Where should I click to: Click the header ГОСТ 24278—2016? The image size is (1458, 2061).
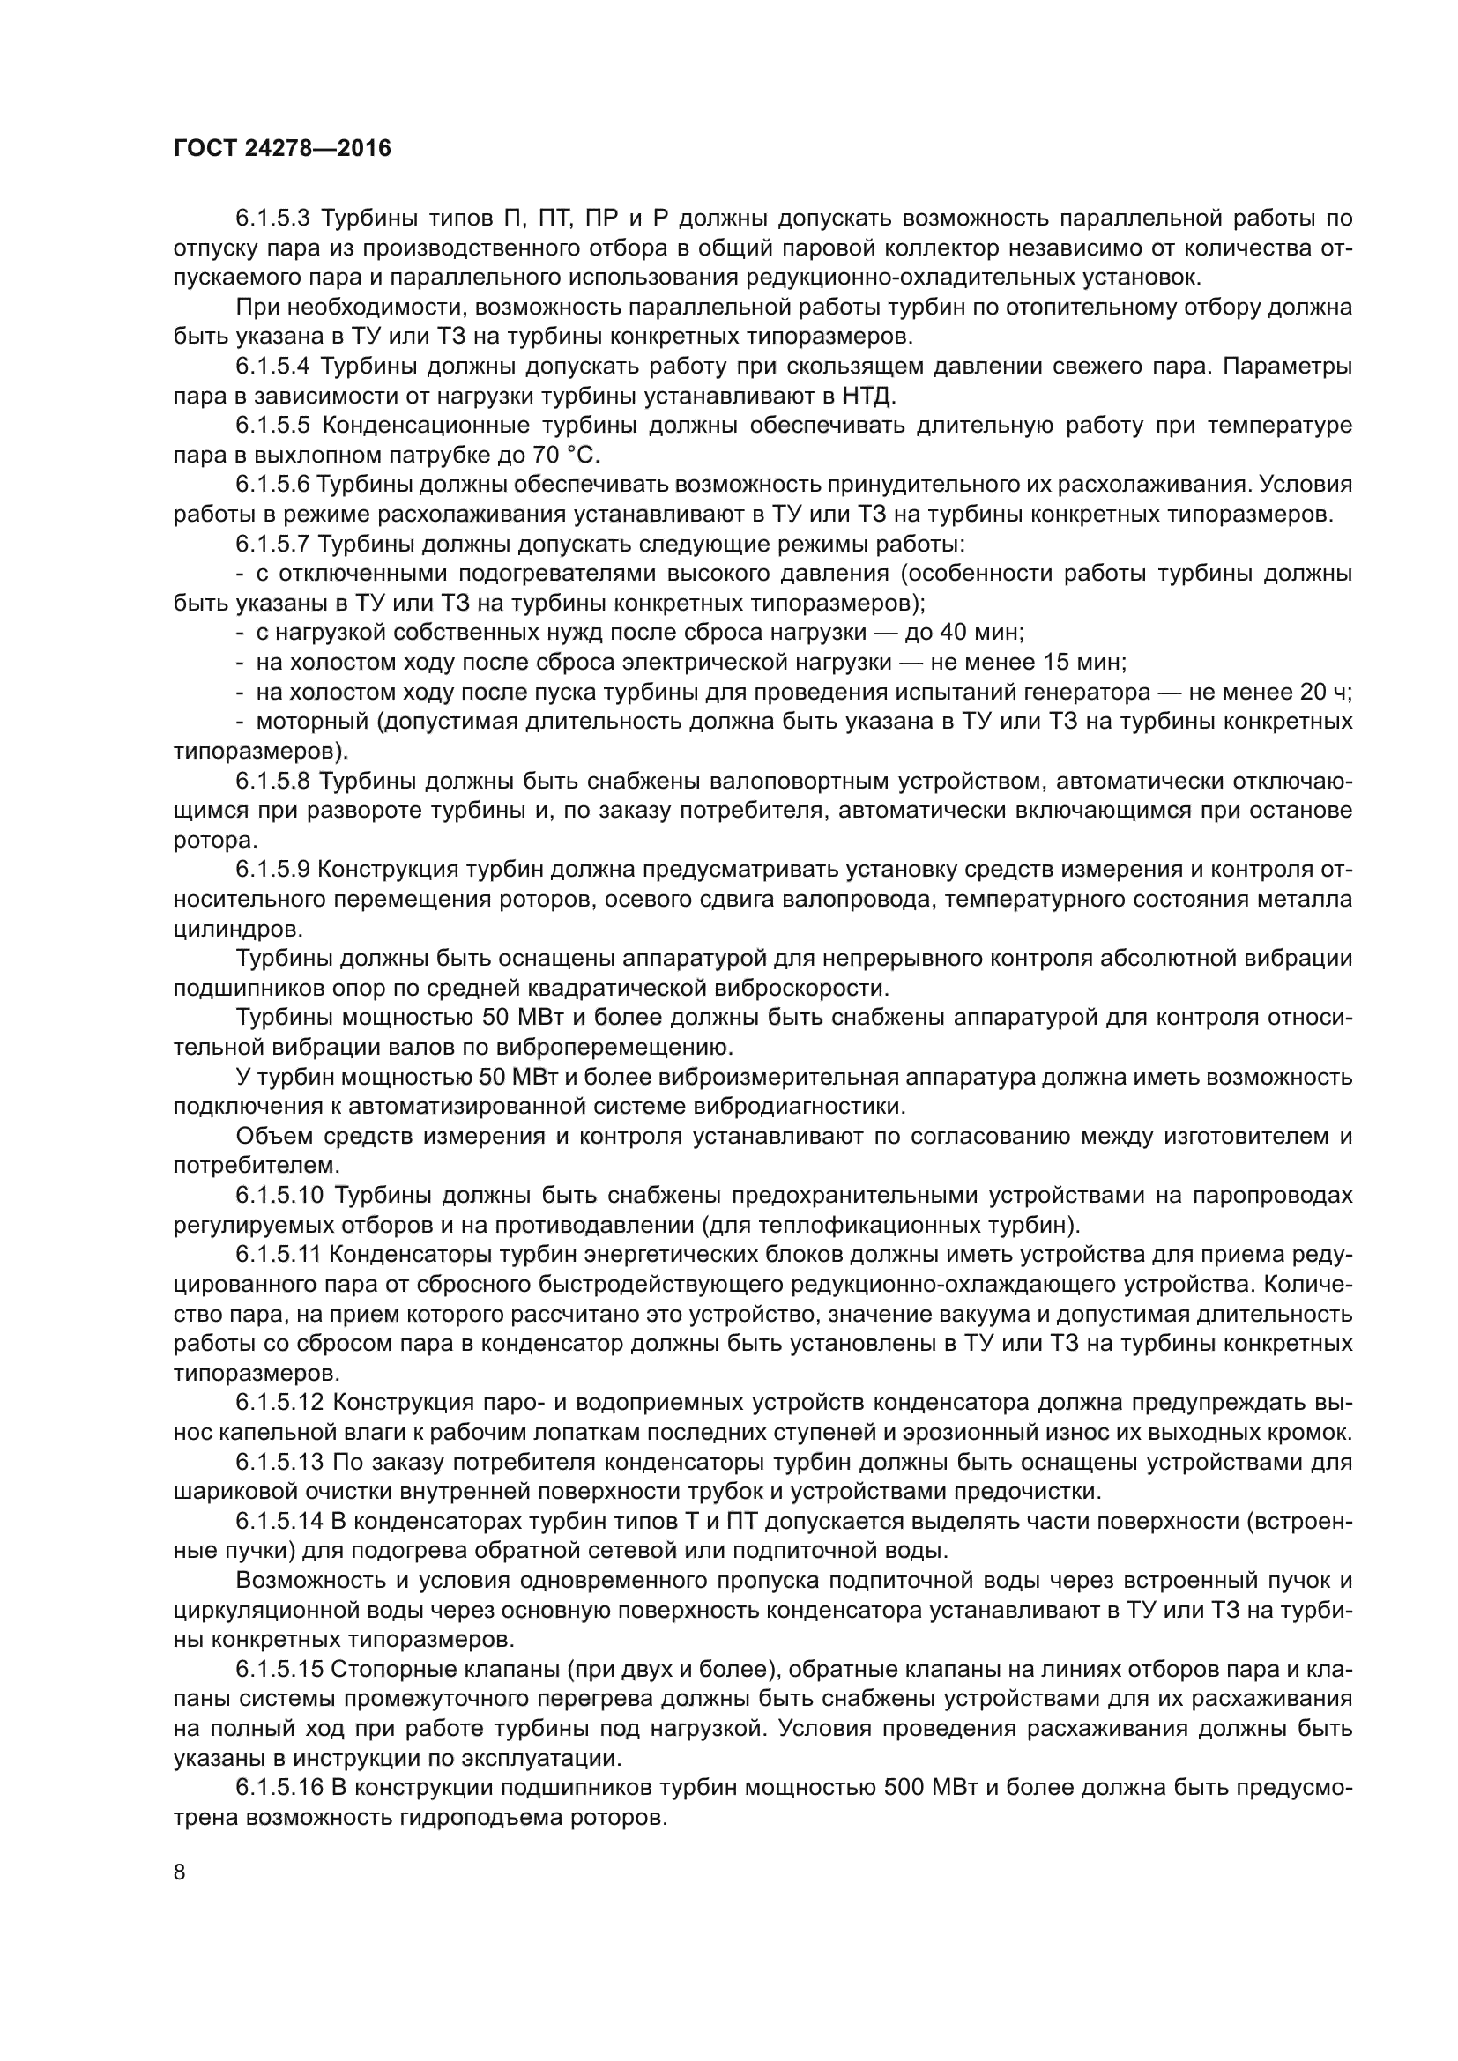tap(282, 148)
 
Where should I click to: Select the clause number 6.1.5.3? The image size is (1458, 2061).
tap(272, 219)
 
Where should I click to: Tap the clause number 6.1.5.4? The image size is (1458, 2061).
tap(272, 367)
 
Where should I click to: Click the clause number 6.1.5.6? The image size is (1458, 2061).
tap(272, 485)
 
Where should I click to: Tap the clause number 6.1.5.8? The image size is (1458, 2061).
tap(272, 781)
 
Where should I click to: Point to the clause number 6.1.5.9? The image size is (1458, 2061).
tap(272, 870)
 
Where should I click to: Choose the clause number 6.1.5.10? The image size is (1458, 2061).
tap(279, 1196)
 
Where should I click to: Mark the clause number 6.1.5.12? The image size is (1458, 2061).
tap(279, 1403)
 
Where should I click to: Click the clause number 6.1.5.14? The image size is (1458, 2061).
tap(279, 1522)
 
